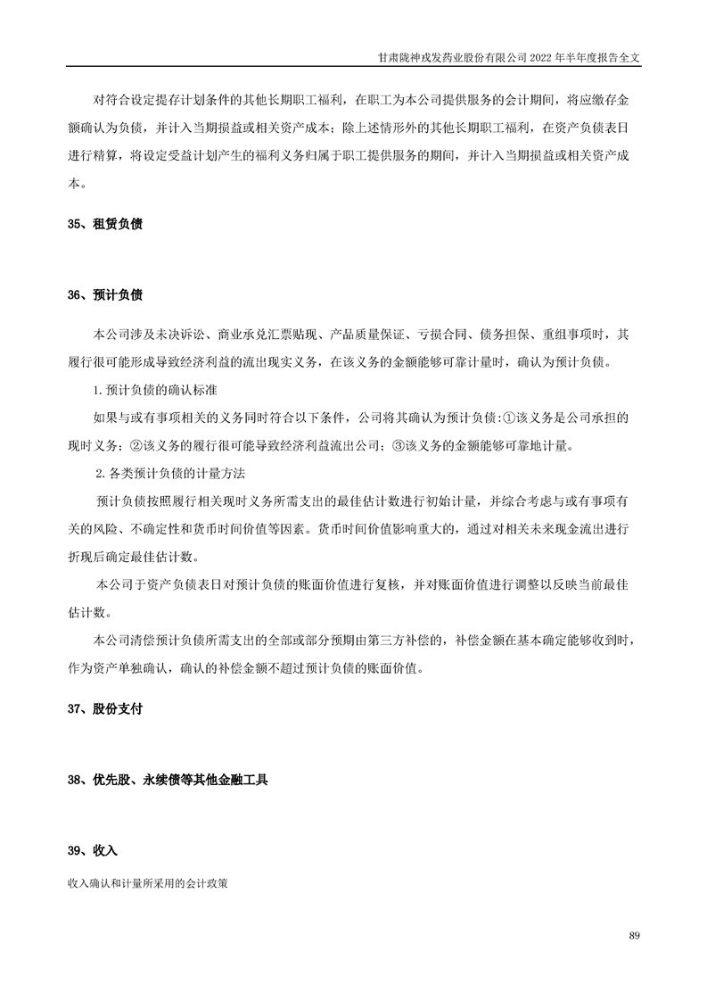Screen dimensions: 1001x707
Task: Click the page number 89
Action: coord(635,935)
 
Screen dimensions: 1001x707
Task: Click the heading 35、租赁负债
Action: coord(105,225)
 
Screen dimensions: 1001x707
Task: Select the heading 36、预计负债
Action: coord(105,294)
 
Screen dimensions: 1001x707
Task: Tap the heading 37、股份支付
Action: coord(105,710)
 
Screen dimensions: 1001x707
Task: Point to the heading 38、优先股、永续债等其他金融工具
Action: coord(168,780)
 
